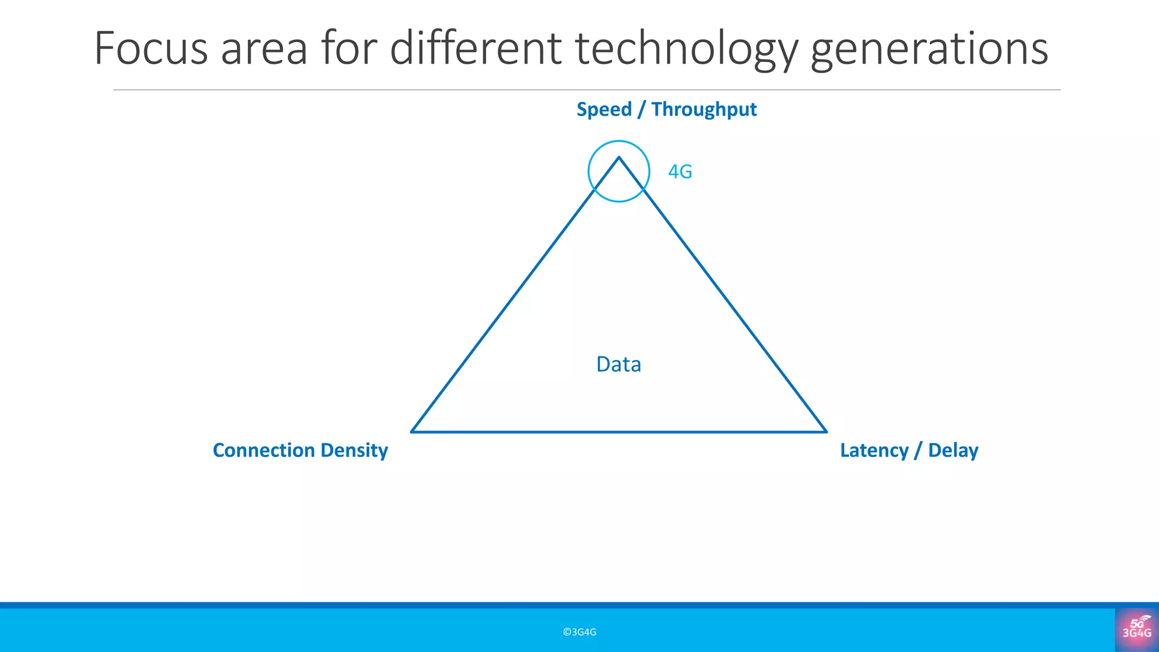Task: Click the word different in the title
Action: pyautogui.click(x=475, y=49)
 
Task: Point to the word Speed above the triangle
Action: pyautogui.click(x=604, y=110)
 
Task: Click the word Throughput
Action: pyautogui.click(x=704, y=110)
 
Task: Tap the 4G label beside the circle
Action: pyautogui.click(x=680, y=171)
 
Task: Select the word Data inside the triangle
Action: pyautogui.click(x=619, y=364)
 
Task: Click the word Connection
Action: pyautogui.click(x=263, y=451)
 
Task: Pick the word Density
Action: pyautogui.click(x=354, y=451)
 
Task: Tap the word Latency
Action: pyautogui.click(x=874, y=451)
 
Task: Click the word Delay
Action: pyautogui.click(x=953, y=451)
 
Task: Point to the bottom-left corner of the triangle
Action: pyautogui.click(x=412, y=431)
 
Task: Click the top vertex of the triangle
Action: pyautogui.click(x=619, y=158)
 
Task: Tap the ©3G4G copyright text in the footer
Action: pyautogui.click(x=579, y=632)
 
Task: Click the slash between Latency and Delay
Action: pyautogui.click(x=917, y=451)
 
